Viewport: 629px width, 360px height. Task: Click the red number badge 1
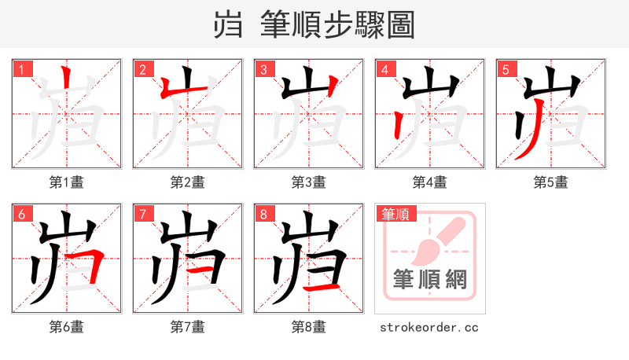[x=21, y=70]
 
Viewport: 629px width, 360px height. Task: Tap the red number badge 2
[x=142, y=70]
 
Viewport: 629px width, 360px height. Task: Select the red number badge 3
[x=263, y=70]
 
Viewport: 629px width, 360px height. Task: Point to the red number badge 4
[x=384, y=70]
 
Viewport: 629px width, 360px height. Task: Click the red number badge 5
[x=506, y=70]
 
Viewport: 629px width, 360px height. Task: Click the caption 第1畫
[x=67, y=182]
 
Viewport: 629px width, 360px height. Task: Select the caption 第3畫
[x=309, y=182]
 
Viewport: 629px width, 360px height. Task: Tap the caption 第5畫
[x=551, y=182]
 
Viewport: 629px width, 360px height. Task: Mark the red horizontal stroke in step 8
[x=322, y=288]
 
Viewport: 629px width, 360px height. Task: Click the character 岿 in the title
[x=228, y=25]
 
